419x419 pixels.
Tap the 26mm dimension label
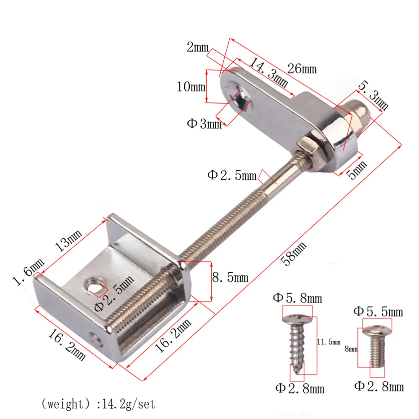[x=302, y=68]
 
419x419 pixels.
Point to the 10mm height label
[x=191, y=87]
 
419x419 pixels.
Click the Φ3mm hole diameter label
[x=204, y=124]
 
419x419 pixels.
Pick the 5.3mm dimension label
[x=372, y=95]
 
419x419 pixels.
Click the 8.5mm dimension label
[x=230, y=277]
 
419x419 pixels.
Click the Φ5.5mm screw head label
[x=378, y=311]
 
